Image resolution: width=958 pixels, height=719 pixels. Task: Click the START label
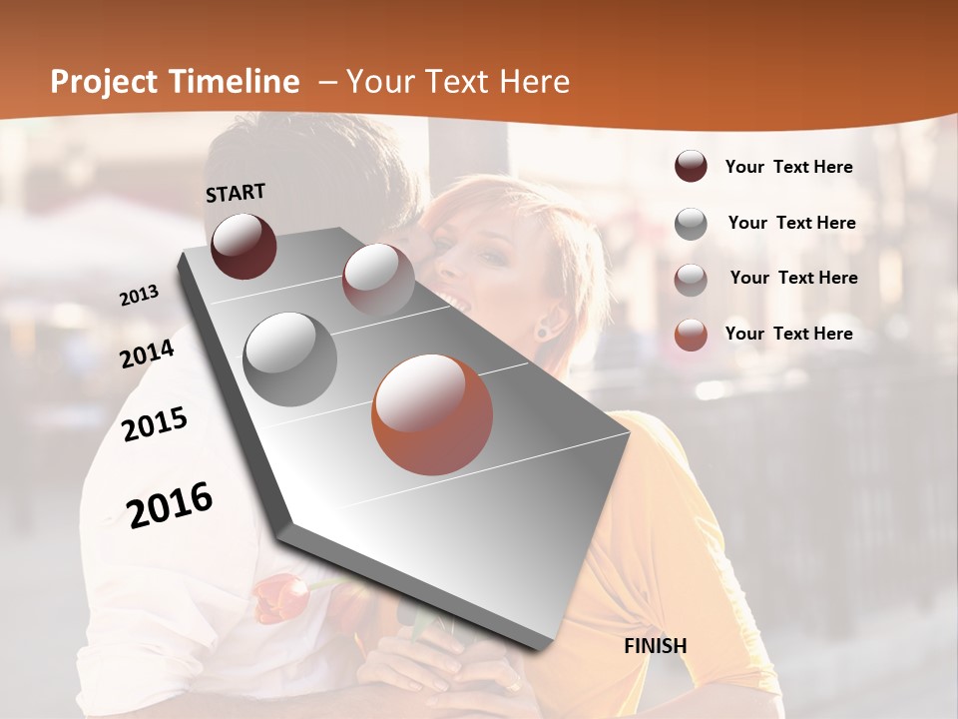click(236, 193)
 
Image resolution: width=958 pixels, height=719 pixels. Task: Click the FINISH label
click(656, 646)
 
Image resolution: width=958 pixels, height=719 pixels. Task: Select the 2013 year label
click(140, 296)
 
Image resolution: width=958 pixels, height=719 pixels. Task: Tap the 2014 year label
click(148, 354)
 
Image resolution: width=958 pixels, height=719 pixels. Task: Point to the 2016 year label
click(170, 504)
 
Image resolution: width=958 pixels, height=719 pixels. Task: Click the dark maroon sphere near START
click(243, 246)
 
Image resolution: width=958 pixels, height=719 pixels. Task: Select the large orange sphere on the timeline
click(432, 414)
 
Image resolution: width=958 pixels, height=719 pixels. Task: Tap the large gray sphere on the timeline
click(290, 359)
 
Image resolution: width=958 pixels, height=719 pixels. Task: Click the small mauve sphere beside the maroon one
click(378, 279)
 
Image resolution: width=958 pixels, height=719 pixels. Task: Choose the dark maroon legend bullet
click(691, 167)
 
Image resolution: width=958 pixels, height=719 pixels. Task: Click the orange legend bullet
click(691, 334)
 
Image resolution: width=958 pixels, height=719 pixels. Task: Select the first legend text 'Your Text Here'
click(788, 167)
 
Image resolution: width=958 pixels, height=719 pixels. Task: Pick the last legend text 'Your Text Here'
click(788, 334)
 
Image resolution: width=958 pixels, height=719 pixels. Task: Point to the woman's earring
click(543, 330)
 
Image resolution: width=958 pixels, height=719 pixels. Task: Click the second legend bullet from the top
click(691, 223)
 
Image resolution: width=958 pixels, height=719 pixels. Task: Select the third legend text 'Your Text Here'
click(793, 278)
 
